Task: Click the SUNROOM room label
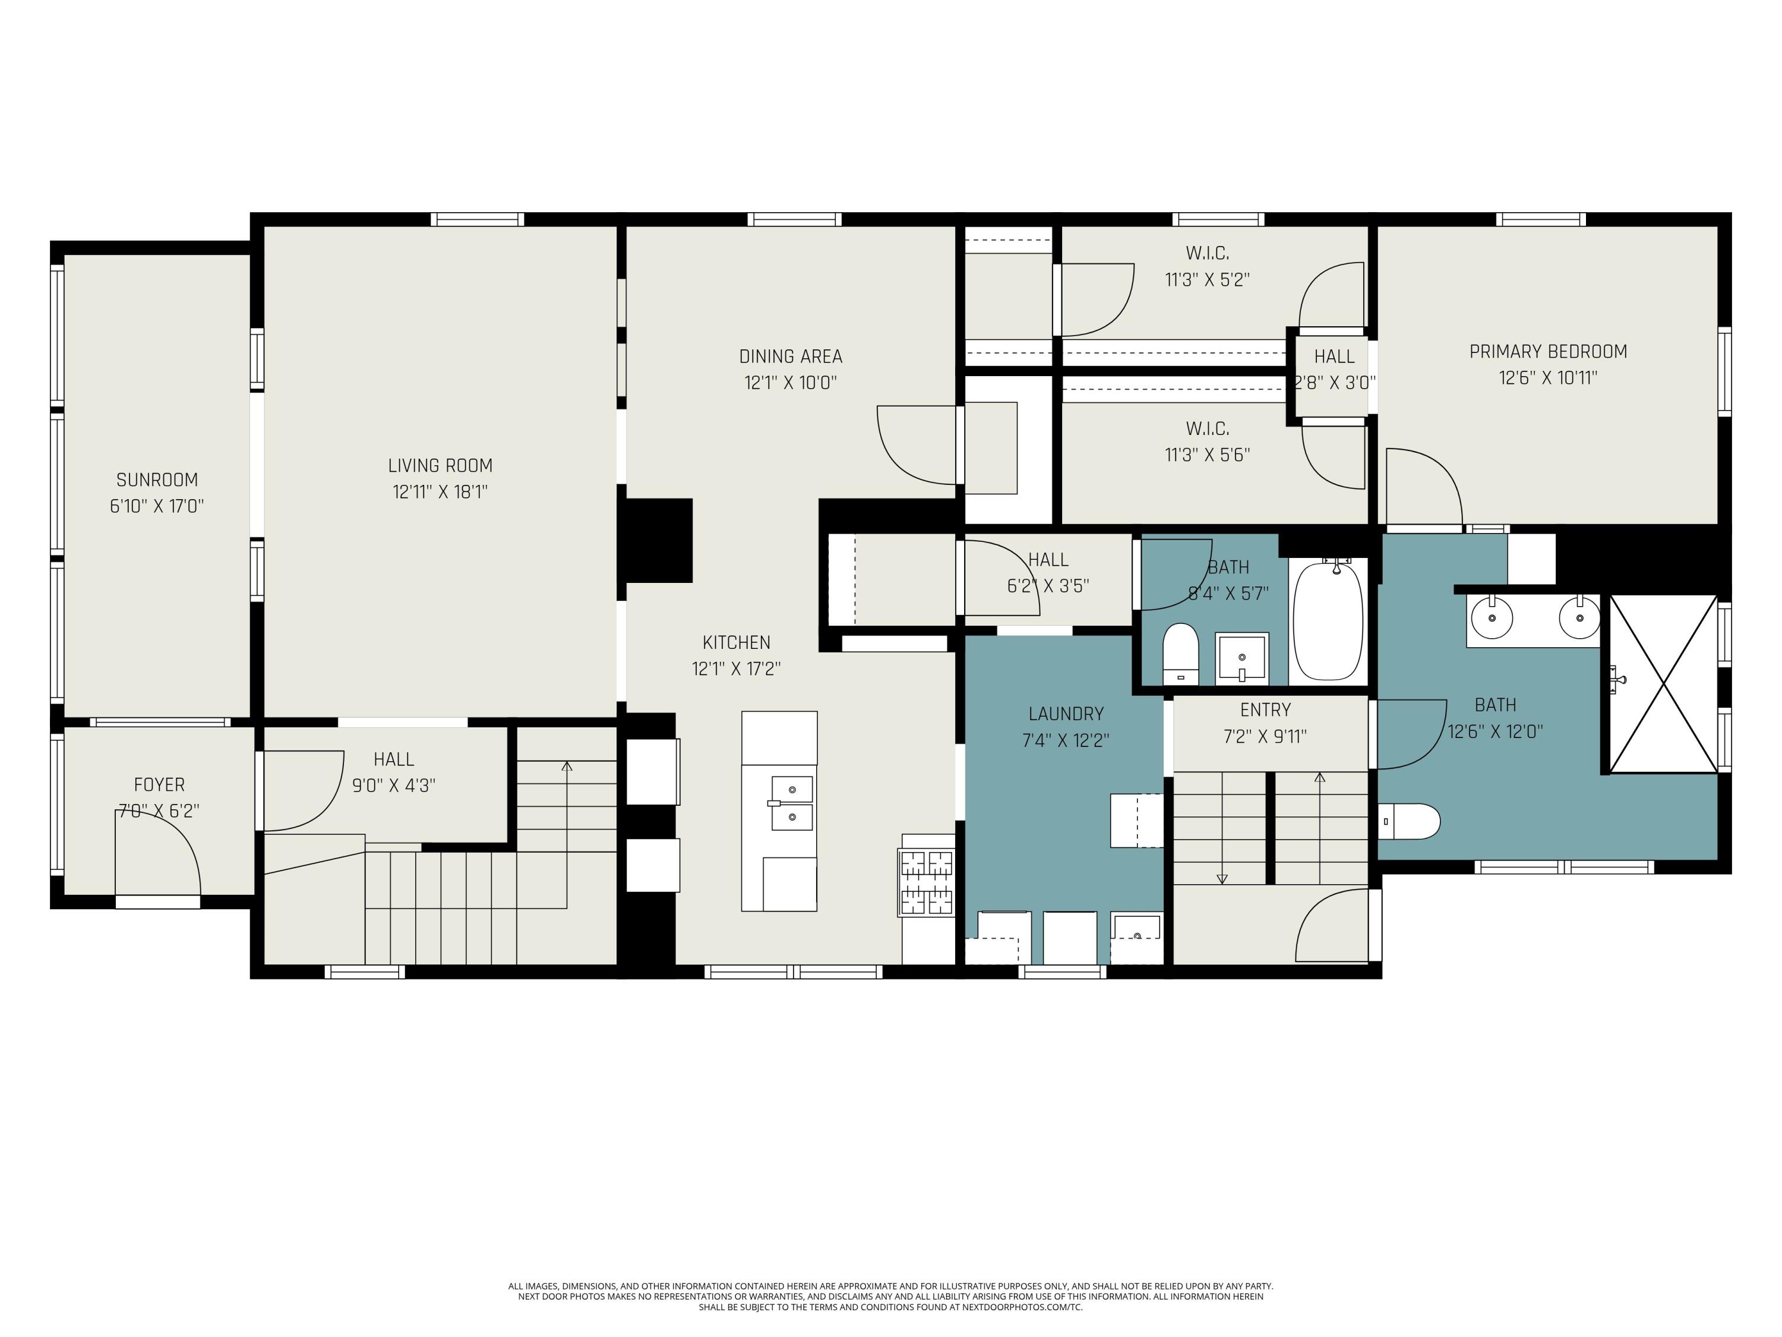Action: click(x=157, y=480)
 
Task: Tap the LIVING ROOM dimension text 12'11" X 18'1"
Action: click(x=440, y=491)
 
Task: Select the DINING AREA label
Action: click(x=790, y=356)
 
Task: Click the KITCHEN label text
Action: click(x=737, y=642)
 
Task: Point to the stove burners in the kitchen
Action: click(x=927, y=883)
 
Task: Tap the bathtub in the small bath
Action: click(x=1328, y=620)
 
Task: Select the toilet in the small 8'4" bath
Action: click(x=1181, y=651)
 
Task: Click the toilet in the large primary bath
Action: click(x=1410, y=821)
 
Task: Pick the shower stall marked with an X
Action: click(x=1663, y=684)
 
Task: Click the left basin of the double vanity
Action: click(x=1492, y=617)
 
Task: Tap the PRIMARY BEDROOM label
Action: click(x=1547, y=351)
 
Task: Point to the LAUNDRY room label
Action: click(x=1065, y=713)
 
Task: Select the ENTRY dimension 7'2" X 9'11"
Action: click(x=1265, y=736)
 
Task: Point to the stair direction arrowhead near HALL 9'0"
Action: click(x=567, y=765)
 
